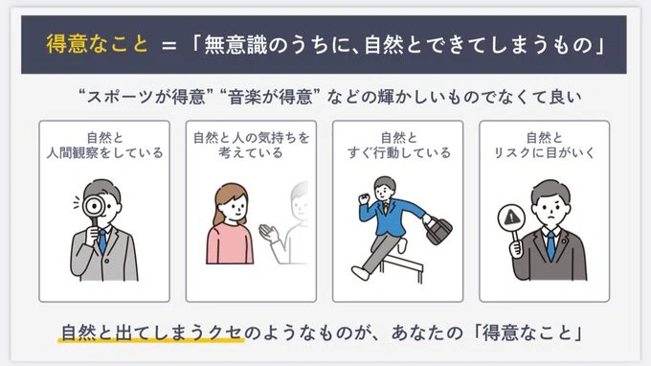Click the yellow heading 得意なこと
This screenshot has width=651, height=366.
click(97, 44)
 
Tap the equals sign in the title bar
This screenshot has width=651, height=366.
click(169, 45)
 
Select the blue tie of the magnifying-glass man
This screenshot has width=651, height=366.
click(102, 241)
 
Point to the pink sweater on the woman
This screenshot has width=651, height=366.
click(230, 244)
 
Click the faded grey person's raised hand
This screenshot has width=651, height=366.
click(269, 233)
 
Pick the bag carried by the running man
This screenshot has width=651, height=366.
click(438, 230)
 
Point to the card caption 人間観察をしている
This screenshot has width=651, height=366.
click(105, 153)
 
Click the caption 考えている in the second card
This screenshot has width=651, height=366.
click(251, 153)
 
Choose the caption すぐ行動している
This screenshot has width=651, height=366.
click(398, 153)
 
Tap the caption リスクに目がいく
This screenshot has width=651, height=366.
click(545, 153)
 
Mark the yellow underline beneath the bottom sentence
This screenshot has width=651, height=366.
click(150, 341)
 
